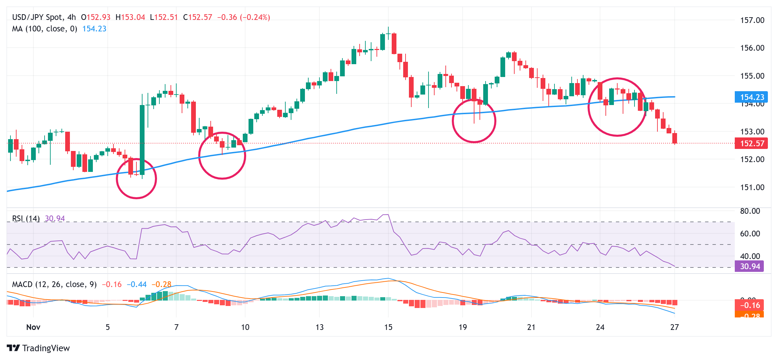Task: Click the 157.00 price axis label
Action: click(x=752, y=20)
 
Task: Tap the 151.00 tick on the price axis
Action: click(x=752, y=187)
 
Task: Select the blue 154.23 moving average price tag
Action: click(x=751, y=97)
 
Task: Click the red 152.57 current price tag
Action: click(x=751, y=144)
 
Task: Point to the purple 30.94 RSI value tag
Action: click(x=749, y=266)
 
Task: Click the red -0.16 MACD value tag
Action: click(x=749, y=305)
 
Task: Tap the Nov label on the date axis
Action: click(x=33, y=327)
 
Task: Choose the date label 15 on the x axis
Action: click(x=388, y=327)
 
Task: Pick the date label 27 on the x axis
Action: click(x=674, y=327)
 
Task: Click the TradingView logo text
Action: click(x=46, y=348)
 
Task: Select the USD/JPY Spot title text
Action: click(x=37, y=17)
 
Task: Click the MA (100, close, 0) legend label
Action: click(x=45, y=29)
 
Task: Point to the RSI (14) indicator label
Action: click(x=26, y=218)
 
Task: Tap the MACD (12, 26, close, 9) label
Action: click(x=54, y=284)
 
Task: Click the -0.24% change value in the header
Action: click(x=255, y=17)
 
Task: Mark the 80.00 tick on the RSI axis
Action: click(x=750, y=211)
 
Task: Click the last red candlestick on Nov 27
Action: click(x=675, y=138)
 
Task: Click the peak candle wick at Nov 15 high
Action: click(x=388, y=30)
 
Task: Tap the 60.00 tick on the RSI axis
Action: click(x=750, y=234)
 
